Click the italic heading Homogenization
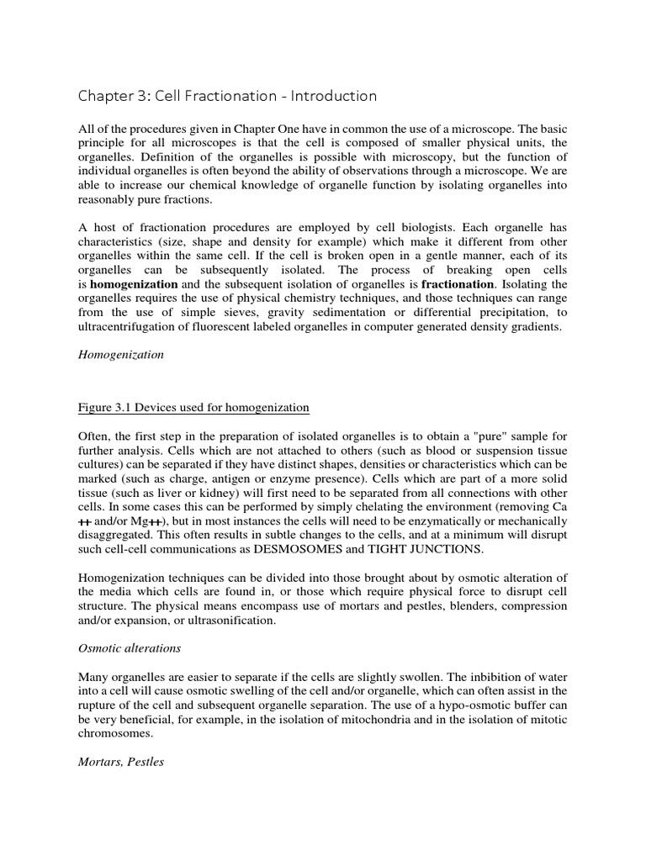coord(121,355)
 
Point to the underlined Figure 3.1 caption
coord(193,408)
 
